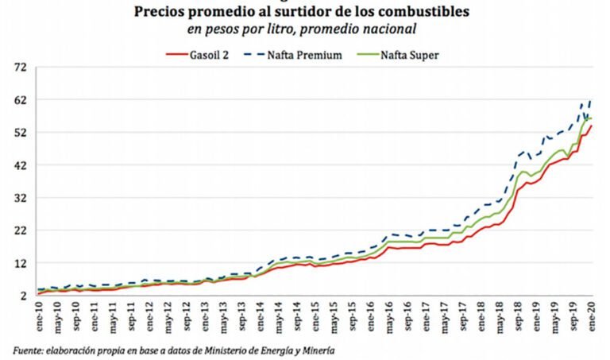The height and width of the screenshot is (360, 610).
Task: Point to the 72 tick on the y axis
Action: (x=21, y=68)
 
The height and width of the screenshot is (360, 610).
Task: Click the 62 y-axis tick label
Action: (x=21, y=100)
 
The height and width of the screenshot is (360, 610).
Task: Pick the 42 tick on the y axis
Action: (x=21, y=165)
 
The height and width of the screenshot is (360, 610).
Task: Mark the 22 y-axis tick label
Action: (x=21, y=230)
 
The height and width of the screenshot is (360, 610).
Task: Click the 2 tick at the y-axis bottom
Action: (x=25, y=296)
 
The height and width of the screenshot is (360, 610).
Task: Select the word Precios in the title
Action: (x=160, y=12)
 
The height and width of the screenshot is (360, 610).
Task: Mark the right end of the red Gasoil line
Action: (x=592, y=126)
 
